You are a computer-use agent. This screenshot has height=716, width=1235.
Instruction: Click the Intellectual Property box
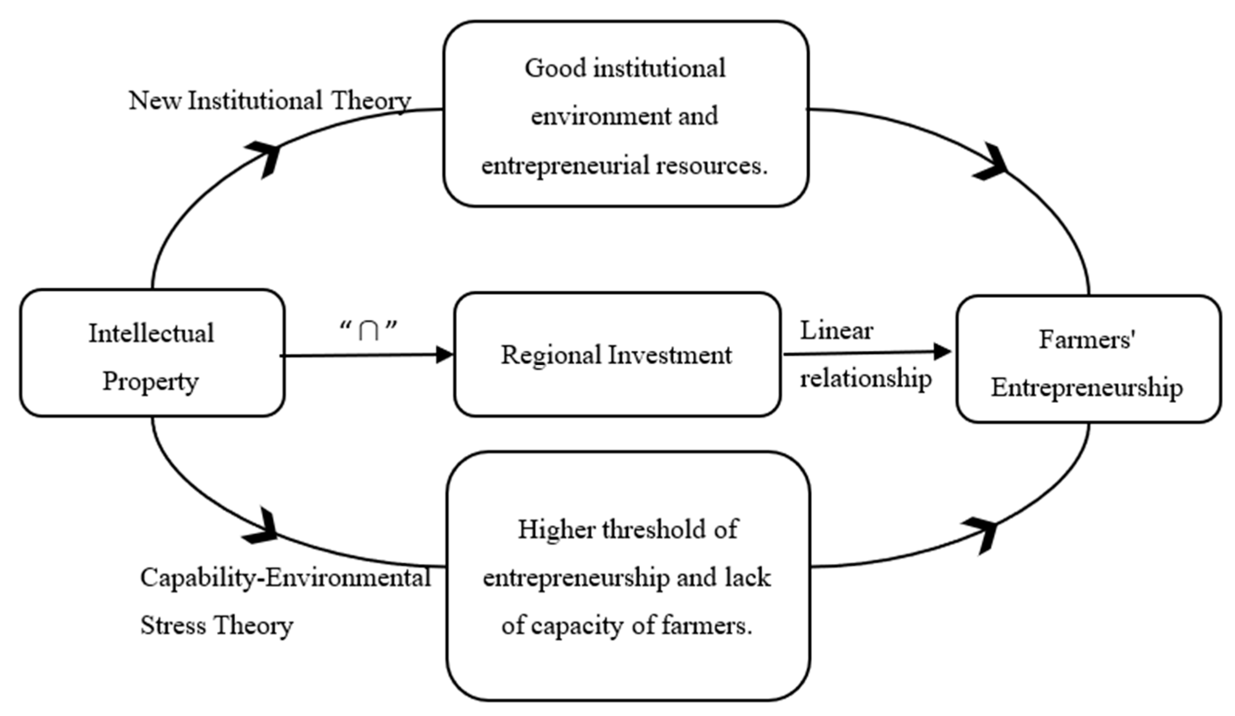(152, 353)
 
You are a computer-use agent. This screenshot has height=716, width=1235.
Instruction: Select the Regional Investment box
(617, 355)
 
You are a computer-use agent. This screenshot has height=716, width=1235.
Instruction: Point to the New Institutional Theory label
(270, 101)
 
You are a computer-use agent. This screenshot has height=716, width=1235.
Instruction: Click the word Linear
(836, 331)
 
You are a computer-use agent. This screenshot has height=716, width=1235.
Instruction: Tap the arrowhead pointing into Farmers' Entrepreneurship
(942, 351)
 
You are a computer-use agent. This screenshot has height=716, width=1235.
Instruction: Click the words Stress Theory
(216, 625)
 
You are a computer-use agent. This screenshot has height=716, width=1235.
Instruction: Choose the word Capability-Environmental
(285, 577)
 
